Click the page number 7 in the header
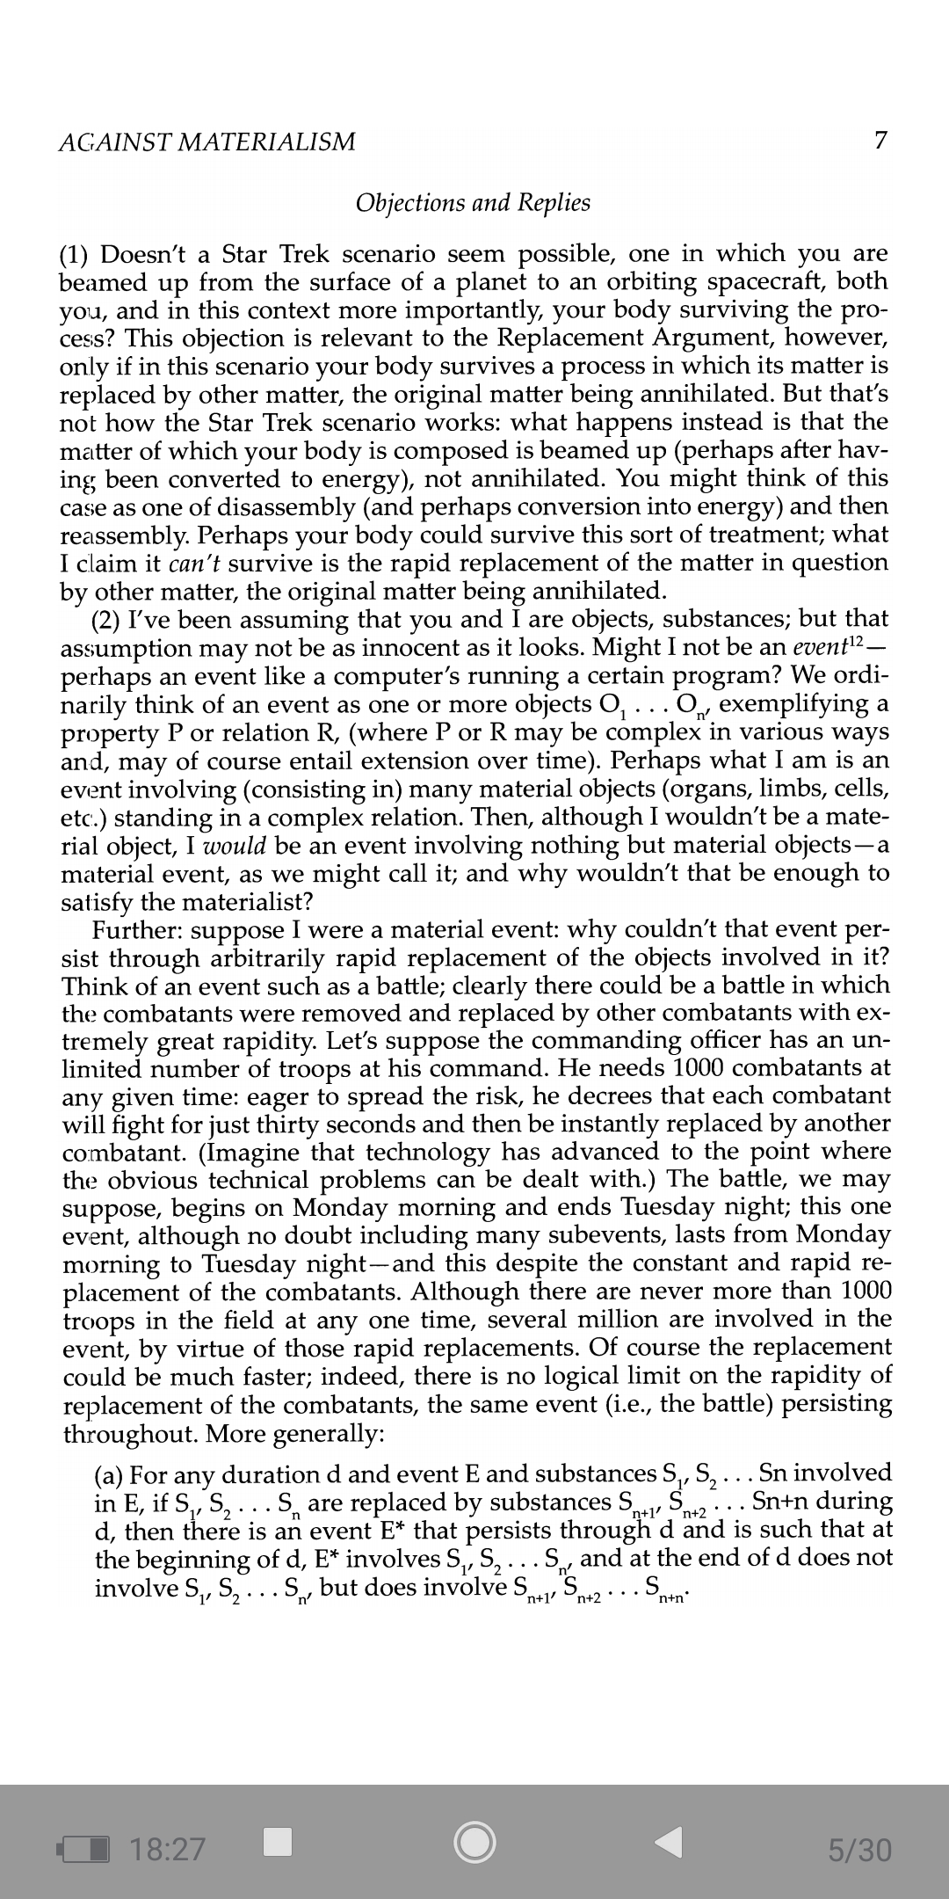coord(880,141)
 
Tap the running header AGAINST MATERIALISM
coord(206,142)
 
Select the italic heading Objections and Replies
coord(473,203)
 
